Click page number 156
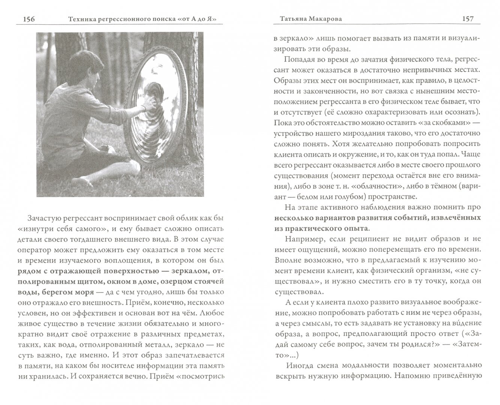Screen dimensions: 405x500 28,19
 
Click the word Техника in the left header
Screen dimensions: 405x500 78,19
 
